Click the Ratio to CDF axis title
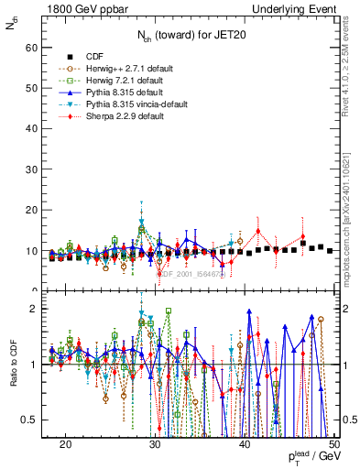pos(12,365)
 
